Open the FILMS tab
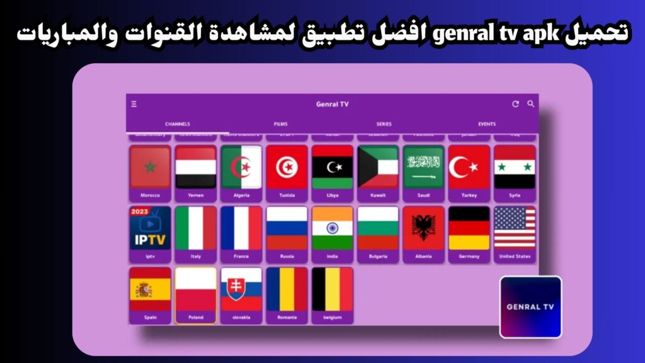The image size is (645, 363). (281, 124)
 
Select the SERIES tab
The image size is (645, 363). (384, 124)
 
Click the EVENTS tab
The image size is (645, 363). (487, 124)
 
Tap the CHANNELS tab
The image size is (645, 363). (178, 124)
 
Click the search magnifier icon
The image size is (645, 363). (531, 104)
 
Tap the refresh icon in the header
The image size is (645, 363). (516, 104)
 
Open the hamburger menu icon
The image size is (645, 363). (134, 104)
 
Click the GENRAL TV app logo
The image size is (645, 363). (530, 307)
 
